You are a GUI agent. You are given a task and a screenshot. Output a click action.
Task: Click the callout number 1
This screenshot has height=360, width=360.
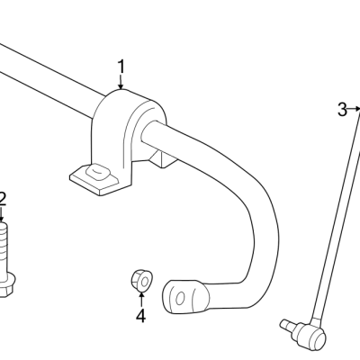point(121,67)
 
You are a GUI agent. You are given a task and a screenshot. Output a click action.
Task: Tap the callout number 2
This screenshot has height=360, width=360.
point(3,199)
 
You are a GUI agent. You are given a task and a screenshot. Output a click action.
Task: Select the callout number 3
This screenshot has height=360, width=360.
point(342,110)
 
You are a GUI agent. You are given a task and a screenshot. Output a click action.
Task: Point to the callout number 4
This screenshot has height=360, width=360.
point(140,316)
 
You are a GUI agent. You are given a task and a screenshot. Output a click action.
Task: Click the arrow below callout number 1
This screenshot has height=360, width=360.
point(121,82)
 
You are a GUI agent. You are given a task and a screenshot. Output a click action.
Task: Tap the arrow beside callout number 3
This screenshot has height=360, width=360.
point(354,109)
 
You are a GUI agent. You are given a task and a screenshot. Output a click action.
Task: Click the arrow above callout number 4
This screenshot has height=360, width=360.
point(141,299)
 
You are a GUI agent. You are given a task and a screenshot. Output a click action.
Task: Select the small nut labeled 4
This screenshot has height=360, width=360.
point(142,281)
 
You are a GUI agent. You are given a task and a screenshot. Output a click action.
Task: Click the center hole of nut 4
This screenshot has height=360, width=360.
point(145,282)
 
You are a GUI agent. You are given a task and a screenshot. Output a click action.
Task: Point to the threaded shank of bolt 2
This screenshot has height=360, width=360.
point(4,247)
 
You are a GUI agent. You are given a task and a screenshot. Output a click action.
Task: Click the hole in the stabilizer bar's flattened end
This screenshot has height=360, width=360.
point(180,299)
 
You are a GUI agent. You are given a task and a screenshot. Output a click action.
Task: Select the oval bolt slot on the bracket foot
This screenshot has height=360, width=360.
point(97,172)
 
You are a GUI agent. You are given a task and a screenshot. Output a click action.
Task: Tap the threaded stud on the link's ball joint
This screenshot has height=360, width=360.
point(287,325)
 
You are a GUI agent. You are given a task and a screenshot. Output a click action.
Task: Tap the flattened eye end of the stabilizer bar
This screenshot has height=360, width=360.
point(184,297)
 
